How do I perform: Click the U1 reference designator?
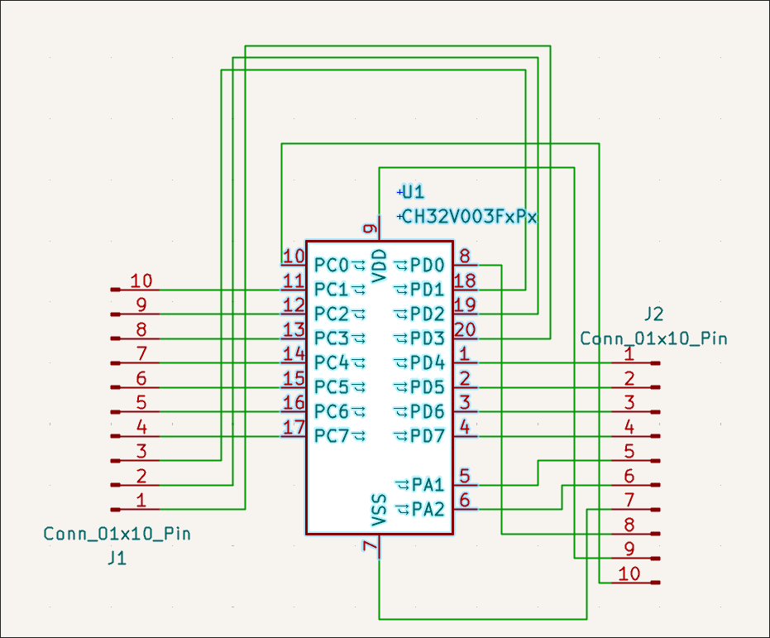[x=413, y=191]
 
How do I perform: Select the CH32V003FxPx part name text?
[x=470, y=216]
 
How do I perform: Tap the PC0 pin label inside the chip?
[x=331, y=266]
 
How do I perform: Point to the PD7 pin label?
[x=428, y=435]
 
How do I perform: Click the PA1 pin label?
[x=428, y=485]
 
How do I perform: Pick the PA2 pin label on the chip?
[x=428, y=509]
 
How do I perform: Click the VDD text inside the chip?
[x=380, y=266]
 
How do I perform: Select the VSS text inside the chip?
[x=380, y=511]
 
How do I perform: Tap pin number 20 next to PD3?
[x=465, y=329]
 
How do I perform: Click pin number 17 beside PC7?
[x=294, y=427]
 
